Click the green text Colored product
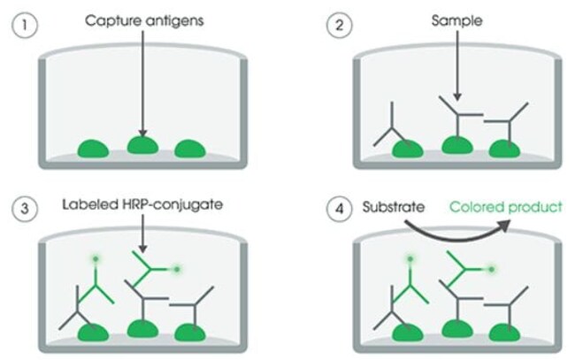pyautogui.click(x=506, y=208)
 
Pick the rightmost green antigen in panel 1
pyautogui.click(x=188, y=149)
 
